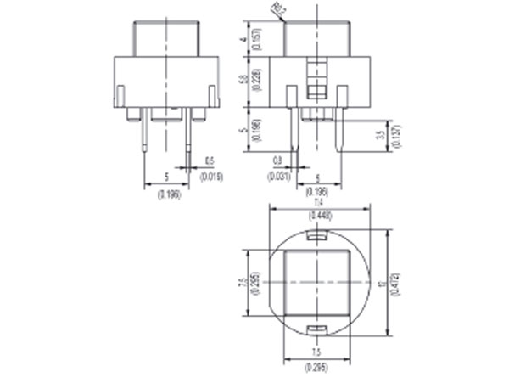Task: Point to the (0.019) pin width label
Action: pyautogui.click(x=210, y=177)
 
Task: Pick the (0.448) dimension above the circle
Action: pyautogui.click(x=319, y=216)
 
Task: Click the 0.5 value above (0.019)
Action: pyautogui.click(x=210, y=161)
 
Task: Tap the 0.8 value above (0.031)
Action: pyautogui.click(x=278, y=161)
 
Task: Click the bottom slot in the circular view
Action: pyautogui.click(x=319, y=328)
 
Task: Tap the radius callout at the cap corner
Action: pyautogui.click(x=277, y=8)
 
